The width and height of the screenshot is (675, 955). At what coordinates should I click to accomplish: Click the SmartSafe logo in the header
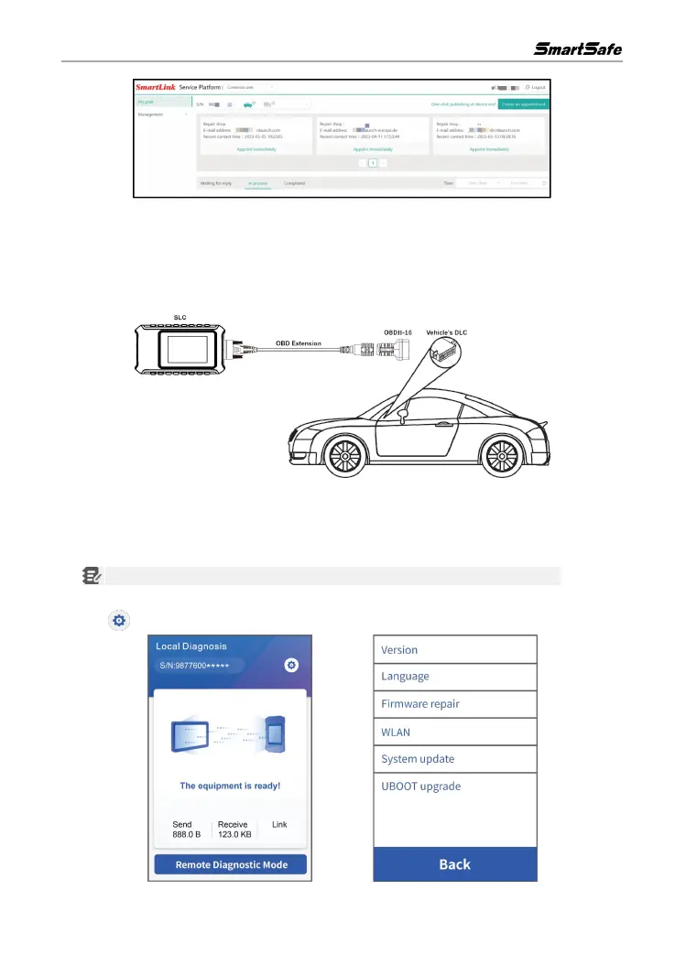578,48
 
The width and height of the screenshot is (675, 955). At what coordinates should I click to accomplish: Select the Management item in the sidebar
152,114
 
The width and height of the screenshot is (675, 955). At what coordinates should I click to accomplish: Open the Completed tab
295,183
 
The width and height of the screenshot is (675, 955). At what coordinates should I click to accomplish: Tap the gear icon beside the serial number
291,665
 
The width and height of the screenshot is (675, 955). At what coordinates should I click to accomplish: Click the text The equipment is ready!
229,786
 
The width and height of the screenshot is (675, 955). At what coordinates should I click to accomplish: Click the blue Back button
454,863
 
